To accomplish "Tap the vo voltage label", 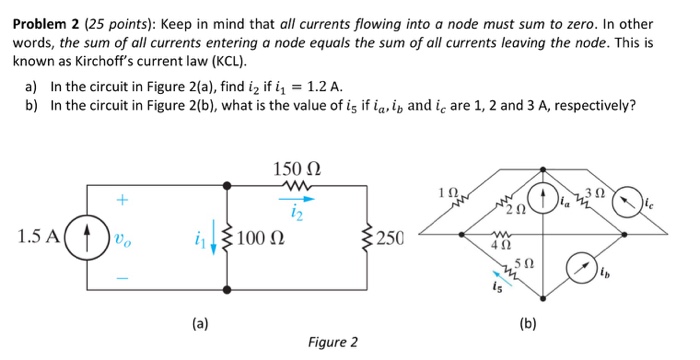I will [123, 240].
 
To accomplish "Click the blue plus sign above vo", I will [122, 201].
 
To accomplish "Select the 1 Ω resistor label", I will [448, 191].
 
